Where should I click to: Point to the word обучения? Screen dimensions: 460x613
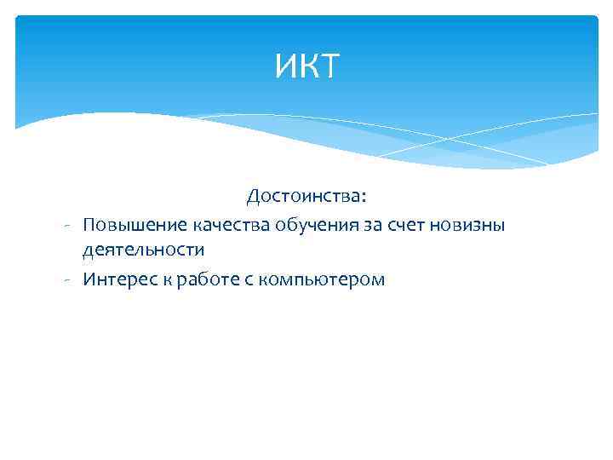coord(309,225)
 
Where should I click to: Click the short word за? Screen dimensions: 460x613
coord(367,225)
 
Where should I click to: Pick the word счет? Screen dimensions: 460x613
coord(404,225)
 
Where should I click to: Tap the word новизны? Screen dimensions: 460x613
coord(468,225)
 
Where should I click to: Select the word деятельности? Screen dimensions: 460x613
coord(143,250)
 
